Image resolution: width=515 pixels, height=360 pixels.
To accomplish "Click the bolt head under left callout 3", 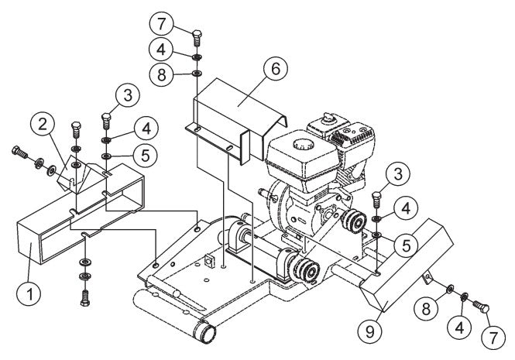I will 107,120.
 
